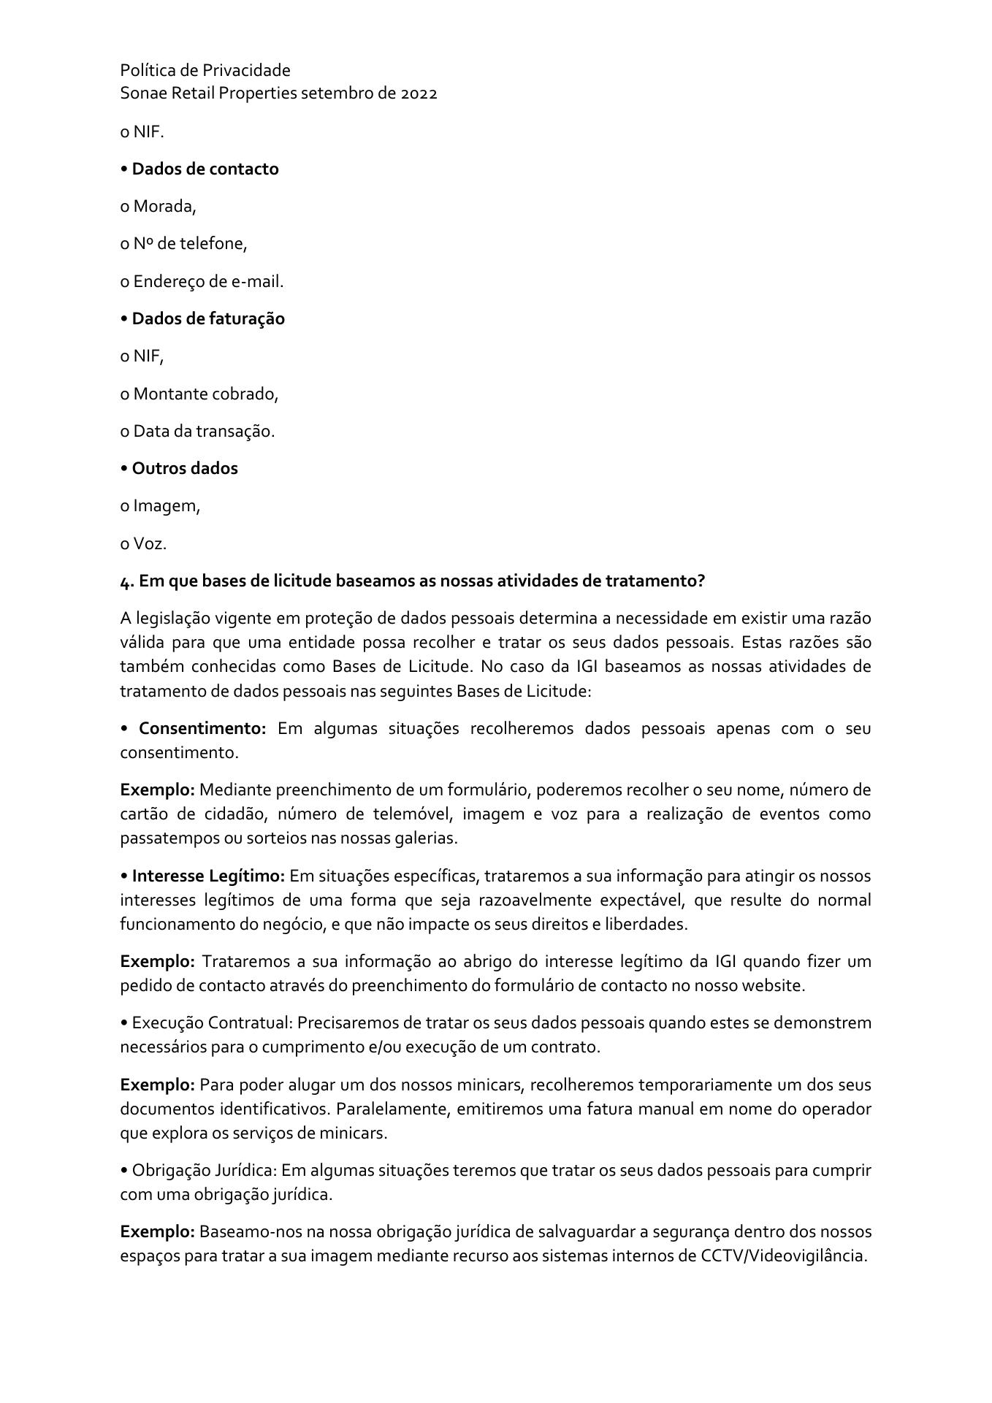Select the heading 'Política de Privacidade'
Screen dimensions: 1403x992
205,70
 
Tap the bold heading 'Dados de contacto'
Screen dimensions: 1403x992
205,169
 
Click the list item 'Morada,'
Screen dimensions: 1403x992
164,207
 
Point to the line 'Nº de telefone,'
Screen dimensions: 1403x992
190,244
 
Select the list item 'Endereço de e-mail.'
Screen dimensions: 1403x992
208,281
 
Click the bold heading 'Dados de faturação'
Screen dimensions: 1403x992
208,318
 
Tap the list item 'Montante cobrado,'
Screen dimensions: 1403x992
205,394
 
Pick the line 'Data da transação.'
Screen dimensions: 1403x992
204,432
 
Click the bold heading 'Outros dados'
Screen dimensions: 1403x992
185,468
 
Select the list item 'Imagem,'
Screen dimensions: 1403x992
166,506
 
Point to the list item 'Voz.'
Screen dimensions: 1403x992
150,543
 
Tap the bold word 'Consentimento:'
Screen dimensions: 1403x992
202,729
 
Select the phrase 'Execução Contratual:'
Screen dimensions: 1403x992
212,1022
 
